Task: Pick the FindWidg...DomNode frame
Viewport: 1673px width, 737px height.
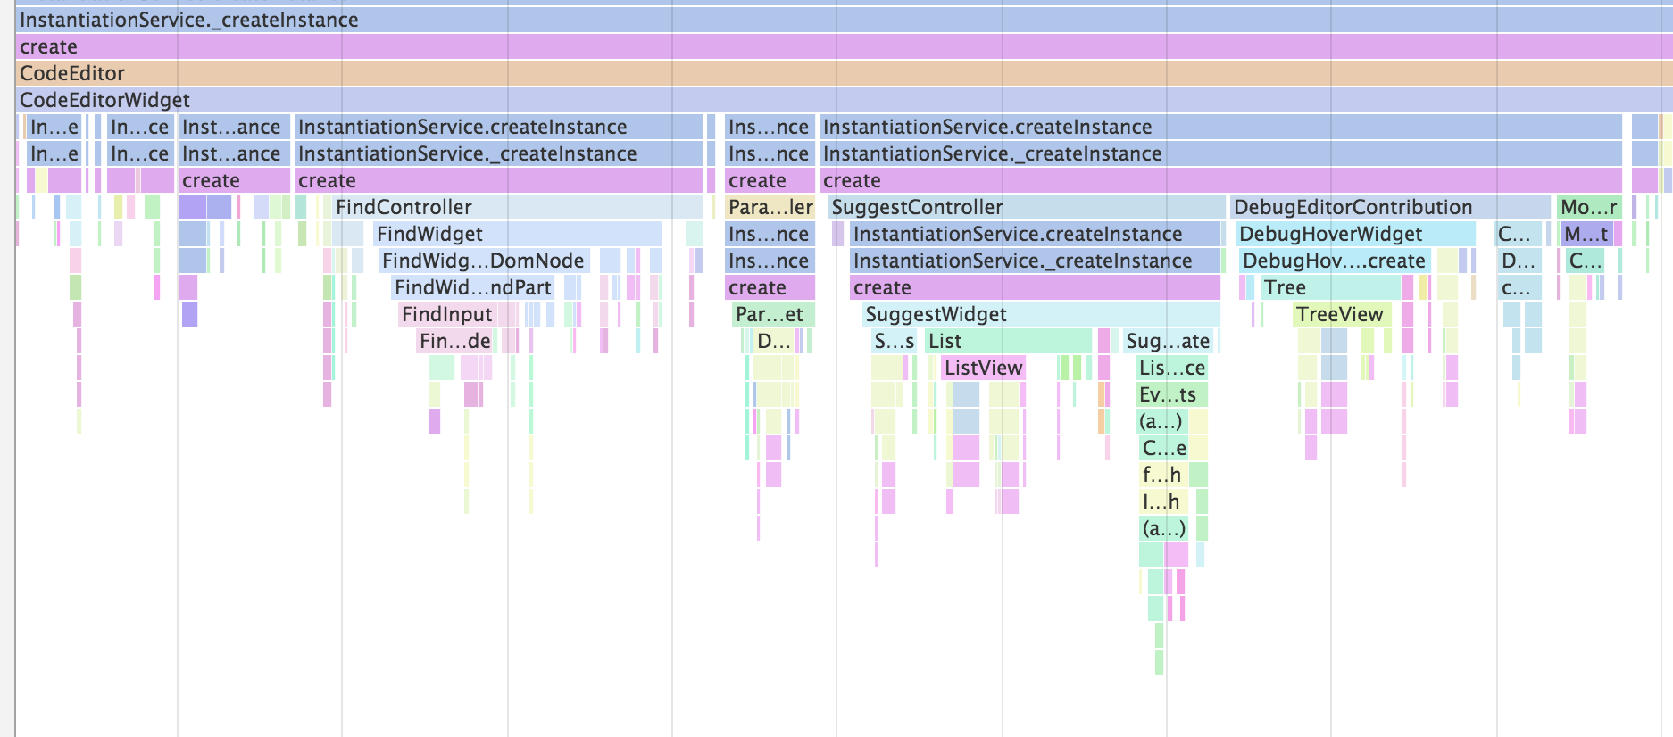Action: click(483, 261)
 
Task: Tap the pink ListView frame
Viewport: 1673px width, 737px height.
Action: click(983, 368)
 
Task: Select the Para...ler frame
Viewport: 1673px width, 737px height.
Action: click(770, 207)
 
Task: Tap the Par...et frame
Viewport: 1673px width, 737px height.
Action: click(770, 314)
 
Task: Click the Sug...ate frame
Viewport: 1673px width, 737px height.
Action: click(1168, 341)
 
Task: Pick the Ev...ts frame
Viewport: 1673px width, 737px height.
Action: click(1168, 394)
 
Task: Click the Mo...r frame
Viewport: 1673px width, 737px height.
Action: click(1588, 207)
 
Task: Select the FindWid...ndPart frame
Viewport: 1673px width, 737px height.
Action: click(472, 287)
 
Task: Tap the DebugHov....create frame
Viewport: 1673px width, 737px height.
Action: click(1334, 261)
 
